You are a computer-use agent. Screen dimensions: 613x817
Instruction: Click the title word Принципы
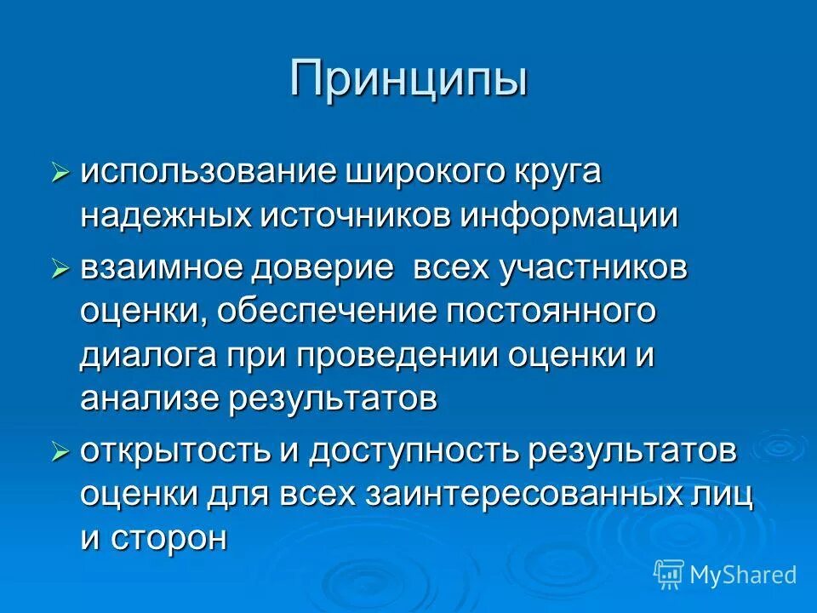click(x=408, y=79)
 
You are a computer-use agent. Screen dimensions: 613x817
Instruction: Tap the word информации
click(x=569, y=216)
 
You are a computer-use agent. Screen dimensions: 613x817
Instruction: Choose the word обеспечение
click(x=323, y=312)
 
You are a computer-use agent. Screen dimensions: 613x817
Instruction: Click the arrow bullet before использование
click(x=60, y=173)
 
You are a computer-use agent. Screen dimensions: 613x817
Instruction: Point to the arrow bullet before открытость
click(x=60, y=451)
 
